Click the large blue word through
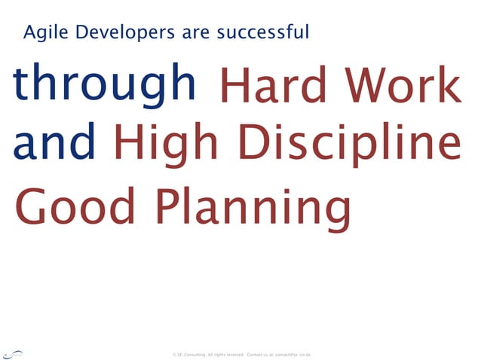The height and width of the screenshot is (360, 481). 104,84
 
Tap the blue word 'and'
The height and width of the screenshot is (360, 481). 54,143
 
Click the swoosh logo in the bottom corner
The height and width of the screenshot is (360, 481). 13,353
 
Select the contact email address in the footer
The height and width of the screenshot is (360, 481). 293,354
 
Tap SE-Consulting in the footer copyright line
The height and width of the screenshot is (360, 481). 192,354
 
